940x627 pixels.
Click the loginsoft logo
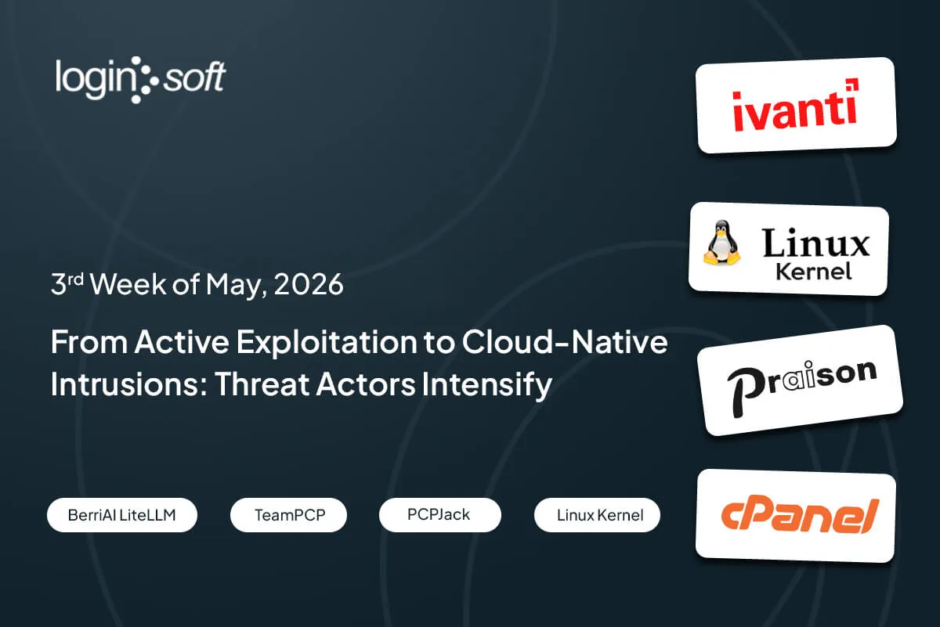pyautogui.click(x=140, y=80)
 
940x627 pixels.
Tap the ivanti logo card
pyautogui.click(x=796, y=105)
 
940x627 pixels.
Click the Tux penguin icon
pyautogui.click(x=721, y=243)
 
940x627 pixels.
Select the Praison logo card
pyautogui.click(x=800, y=380)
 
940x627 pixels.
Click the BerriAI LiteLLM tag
pyautogui.click(x=122, y=515)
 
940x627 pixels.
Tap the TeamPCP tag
pyautogui.click(x=289, y=515)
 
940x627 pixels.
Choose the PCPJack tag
pyautogui.click(x=439, y=515)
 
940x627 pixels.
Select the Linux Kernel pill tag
pyautogui.click(x=597, y=515)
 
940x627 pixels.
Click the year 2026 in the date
pyautogui.click(x=309, y=284)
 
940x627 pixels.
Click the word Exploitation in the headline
pyautogui.click(x=327, y=343)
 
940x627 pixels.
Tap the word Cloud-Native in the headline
pyautogui.click(x=565, y=342)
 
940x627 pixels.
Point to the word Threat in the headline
pyautogui.click(x=262, y=384)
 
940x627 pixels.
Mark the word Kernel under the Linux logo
pyautogui.click(x=813, y=272)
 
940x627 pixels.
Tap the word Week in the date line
pyautogui.click(x=128, y=284)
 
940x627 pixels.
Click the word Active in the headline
pyautogui.click(x=182, y=342)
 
